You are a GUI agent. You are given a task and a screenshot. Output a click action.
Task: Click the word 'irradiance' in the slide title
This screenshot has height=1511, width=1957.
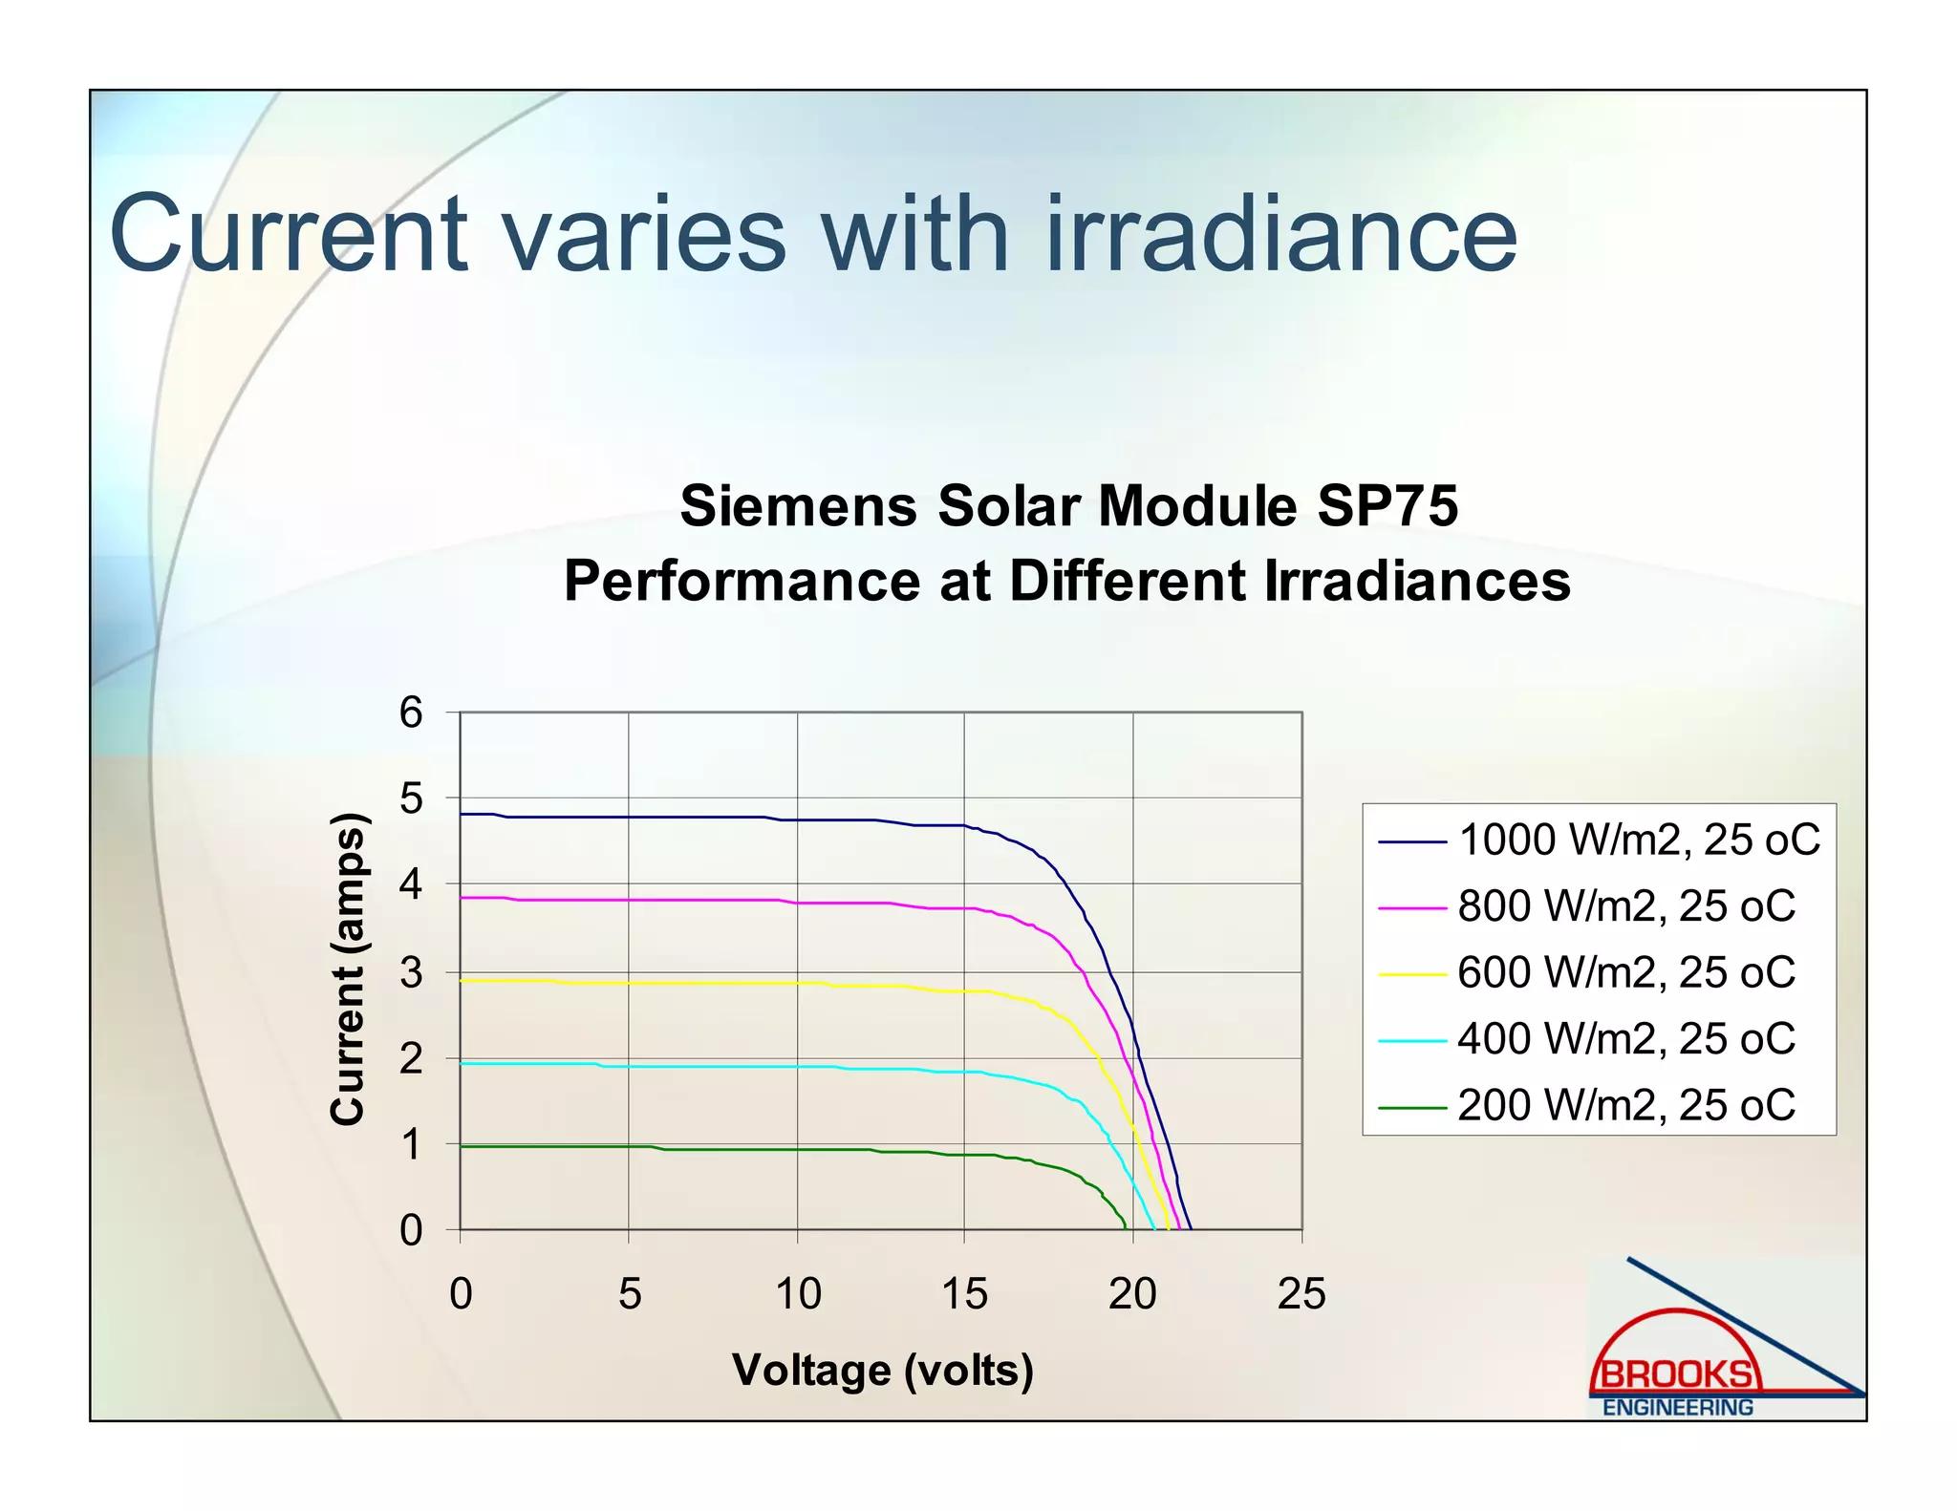tap(1282, 235)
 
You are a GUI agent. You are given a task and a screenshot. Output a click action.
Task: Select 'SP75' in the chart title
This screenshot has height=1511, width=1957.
tap(1387, 505)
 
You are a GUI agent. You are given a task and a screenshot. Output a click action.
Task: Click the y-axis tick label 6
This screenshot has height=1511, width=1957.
tap(411, 713)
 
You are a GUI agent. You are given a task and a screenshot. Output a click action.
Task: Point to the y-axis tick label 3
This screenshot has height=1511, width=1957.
tap(411, 973)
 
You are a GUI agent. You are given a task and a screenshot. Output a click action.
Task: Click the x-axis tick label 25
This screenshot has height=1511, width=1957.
tap(1301, 1294)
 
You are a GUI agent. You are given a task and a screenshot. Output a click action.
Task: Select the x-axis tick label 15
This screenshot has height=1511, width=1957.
tap(964, 1294)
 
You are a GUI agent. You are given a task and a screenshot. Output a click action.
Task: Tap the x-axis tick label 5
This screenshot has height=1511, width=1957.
tap(629, 1294)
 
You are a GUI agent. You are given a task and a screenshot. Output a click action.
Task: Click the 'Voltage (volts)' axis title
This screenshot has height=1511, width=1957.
tap(882, 1370)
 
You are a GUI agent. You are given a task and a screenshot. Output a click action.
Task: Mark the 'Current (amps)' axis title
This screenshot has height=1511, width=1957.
tap(348, 969)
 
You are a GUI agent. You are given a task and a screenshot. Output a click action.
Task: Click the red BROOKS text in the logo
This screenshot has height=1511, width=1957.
tap(1677, 1374)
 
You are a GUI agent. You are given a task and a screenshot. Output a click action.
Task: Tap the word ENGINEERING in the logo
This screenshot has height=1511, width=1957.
tap(1677, 1408)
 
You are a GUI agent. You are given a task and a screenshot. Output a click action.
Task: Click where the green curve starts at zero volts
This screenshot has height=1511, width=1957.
tap(462, 1146)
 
